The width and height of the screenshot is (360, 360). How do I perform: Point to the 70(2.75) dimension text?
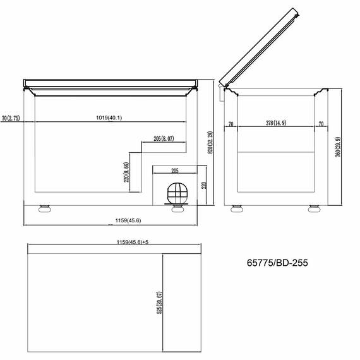[x=11, y=117]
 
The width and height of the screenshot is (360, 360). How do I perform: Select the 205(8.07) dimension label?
[x=164, y=138]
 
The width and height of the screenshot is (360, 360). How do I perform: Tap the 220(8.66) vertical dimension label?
[x=127, y=171]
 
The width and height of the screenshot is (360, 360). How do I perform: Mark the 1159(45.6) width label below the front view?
[x=128, y=220]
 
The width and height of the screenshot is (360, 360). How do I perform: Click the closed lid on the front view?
[x=111, y=83]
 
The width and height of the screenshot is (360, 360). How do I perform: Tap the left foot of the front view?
[x=45, y=208]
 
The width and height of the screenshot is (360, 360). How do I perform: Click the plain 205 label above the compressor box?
[x=175, y=170]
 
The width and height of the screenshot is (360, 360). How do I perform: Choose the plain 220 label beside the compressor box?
[x=203, y=186]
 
